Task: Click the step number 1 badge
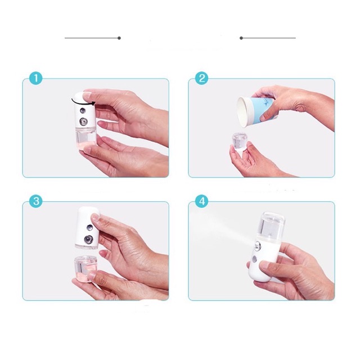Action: tap(36, 79)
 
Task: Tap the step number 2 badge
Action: tap(202, 79)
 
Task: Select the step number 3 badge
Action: tap(36, 201)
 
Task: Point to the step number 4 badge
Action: tap(202, 201)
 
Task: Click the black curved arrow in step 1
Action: tap(81, 103)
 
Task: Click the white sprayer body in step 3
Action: tap(87, 228)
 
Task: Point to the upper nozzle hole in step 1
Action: tap(83, 110)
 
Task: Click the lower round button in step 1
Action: tap(84, 121)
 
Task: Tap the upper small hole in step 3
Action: tap(89, 228)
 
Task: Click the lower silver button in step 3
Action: tap(88, 240)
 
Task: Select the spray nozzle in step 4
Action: tap(258, 246)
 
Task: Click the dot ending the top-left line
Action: tap(119, 38)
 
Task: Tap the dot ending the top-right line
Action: tap(241, 38)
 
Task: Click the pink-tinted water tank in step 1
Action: tap(85, 140)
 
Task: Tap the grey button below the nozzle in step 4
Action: tap(254, 260)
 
